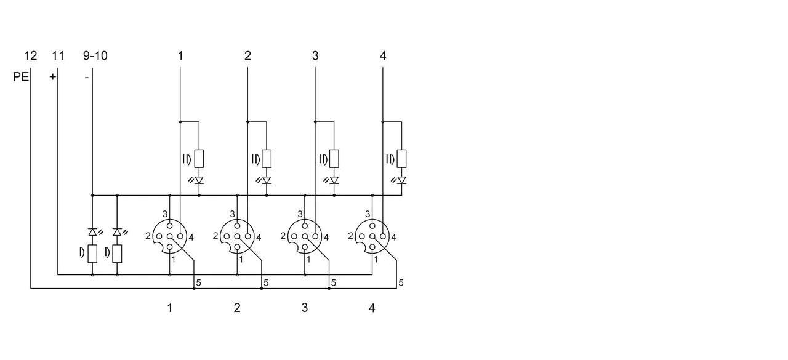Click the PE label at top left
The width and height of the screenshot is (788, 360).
(21, 77)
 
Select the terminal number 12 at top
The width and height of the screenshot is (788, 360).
(30, 55)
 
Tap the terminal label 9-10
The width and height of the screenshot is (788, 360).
(95, 55)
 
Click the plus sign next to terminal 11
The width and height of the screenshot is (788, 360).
(52, 77)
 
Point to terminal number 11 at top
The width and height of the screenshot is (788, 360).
(58, 55)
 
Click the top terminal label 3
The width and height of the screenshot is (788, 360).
(315, 55)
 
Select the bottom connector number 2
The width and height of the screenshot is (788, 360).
(237, 308)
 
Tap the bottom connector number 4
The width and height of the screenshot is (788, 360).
(372, 308)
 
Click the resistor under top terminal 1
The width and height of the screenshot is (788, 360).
(199, 159)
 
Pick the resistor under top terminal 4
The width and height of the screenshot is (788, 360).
(402, 159)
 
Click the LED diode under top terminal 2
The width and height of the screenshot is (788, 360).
(267, 180)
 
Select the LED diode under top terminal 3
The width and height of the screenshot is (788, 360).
(334, 180)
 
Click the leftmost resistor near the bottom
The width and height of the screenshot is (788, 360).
(92, 254)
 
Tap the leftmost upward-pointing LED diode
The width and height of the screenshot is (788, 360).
(92, 232)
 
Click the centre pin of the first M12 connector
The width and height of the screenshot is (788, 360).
(169, 236)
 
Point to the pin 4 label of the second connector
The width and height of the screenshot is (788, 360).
(259, 238)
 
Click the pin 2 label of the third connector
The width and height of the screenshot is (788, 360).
(283, 236)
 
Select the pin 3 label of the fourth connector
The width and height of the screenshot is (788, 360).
(368, 214)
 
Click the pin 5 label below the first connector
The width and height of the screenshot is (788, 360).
(198, 282)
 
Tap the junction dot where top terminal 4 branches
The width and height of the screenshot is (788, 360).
(383, 122)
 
